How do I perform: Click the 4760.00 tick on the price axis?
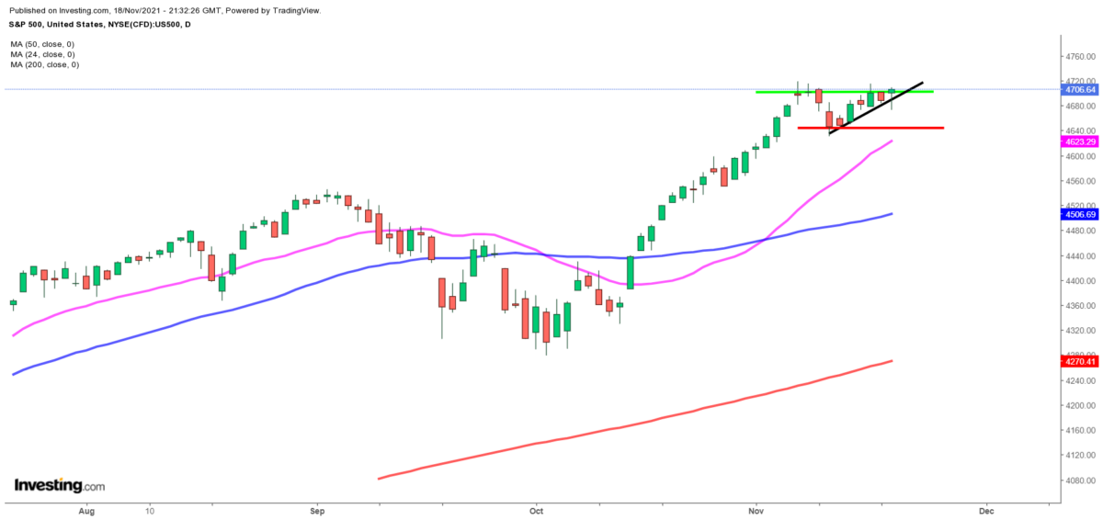pyautogui.click(x=1080, y=56)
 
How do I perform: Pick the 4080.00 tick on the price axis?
pyautogui.click(x=1080, y=480)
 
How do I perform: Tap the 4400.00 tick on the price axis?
pyautogui.click(x=1080, y=280)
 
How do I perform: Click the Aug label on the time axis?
pyautogui.click(x=87, y=508)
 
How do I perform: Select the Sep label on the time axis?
pyautogui.click(x=317, y=508)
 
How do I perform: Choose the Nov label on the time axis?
pyautogui.click(x=756, y=508)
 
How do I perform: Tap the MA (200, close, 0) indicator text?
pyautogui.click(x=45, y=64)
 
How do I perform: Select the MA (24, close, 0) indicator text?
pyautogui.click(x=42, y=54)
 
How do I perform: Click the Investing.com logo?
pyautogui.click(x=59, y=485)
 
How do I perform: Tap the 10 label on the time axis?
pyautogui.click(x=149, y=508)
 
